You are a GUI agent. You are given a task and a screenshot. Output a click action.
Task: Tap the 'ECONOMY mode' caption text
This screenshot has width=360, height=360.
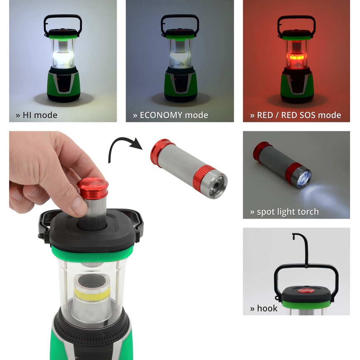pyautogui.click(x=170, y=115)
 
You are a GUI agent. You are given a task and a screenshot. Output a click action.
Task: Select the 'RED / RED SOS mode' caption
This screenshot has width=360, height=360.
pyautogui.click(x=295, y=115)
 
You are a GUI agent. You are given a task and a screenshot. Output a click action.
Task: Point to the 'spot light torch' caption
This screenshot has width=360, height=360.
pyautogui.click(x=285, y=212)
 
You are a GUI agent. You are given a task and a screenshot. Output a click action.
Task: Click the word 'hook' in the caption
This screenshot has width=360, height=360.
pyautogui.click(x=267, y=308)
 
